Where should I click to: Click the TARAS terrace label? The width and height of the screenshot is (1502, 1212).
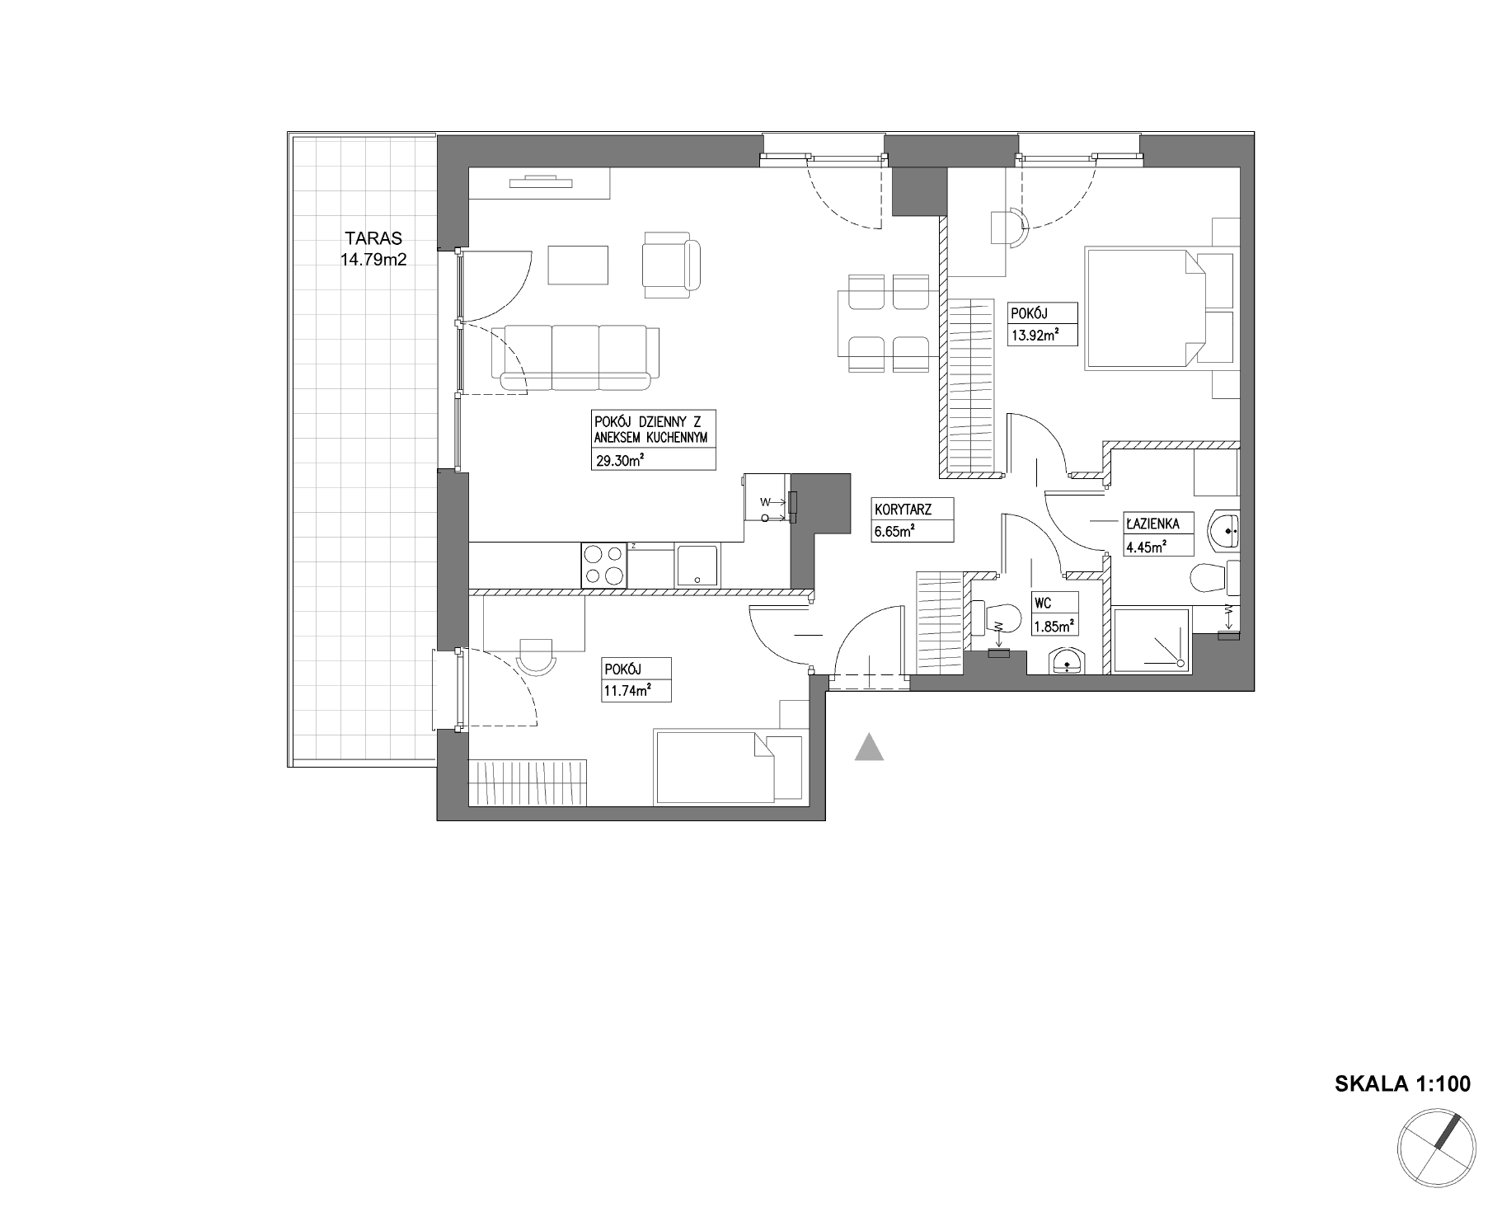point(373,238)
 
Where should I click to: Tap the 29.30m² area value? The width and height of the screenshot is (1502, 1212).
point(619,461)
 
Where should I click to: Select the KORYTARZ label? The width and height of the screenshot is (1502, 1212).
point(904,510)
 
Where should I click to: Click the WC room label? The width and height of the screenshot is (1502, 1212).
point(1042,604)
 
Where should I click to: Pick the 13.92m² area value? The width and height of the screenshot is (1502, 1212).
point(1034,335)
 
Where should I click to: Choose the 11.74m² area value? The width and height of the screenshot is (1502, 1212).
point(627,691)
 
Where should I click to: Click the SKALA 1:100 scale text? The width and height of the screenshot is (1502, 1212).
point(1402,1083)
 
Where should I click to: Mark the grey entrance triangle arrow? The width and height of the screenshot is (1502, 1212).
point(869,747)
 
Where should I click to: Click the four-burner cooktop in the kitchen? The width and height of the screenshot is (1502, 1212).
point(603,565)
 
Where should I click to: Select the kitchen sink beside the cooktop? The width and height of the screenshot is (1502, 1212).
point(697,566)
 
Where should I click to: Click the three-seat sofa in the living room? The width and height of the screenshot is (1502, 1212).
point(575,357)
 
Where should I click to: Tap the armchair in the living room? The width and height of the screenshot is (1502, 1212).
point(671,265)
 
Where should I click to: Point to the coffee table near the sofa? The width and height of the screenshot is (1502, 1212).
point(579,265)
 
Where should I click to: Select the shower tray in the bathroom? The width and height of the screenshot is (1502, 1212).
point(1151,641)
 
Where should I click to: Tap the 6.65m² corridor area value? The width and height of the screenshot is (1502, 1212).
point(894,533)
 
